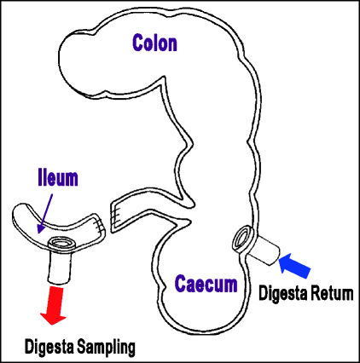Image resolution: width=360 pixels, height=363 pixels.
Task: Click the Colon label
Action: point(154,43)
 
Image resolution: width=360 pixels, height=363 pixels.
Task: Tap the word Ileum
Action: point(58,178)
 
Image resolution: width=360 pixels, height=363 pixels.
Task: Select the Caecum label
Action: point(206,284)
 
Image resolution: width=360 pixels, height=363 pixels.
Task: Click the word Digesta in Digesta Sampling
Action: point(49,347)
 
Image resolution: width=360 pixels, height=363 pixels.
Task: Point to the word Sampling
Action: point(107,348)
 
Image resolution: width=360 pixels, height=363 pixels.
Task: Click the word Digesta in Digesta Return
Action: point(283,293)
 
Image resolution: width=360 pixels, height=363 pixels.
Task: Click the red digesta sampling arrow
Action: point(55,305)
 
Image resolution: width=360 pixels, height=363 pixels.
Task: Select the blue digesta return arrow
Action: point(294,265)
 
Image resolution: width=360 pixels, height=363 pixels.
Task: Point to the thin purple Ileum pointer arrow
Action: point(45,213)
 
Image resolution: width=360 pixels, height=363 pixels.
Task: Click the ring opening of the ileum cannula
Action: point(61,244)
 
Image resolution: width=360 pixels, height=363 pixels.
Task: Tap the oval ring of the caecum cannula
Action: point(241,239)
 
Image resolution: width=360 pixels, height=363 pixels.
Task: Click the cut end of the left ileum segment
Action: point(100,227)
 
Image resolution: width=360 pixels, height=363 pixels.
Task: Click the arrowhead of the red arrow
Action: point(53,318)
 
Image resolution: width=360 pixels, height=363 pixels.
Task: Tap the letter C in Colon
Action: point(137,43)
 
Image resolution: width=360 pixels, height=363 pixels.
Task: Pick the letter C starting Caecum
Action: point(180,284)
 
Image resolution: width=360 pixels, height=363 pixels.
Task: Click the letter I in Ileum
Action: point(40,178)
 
